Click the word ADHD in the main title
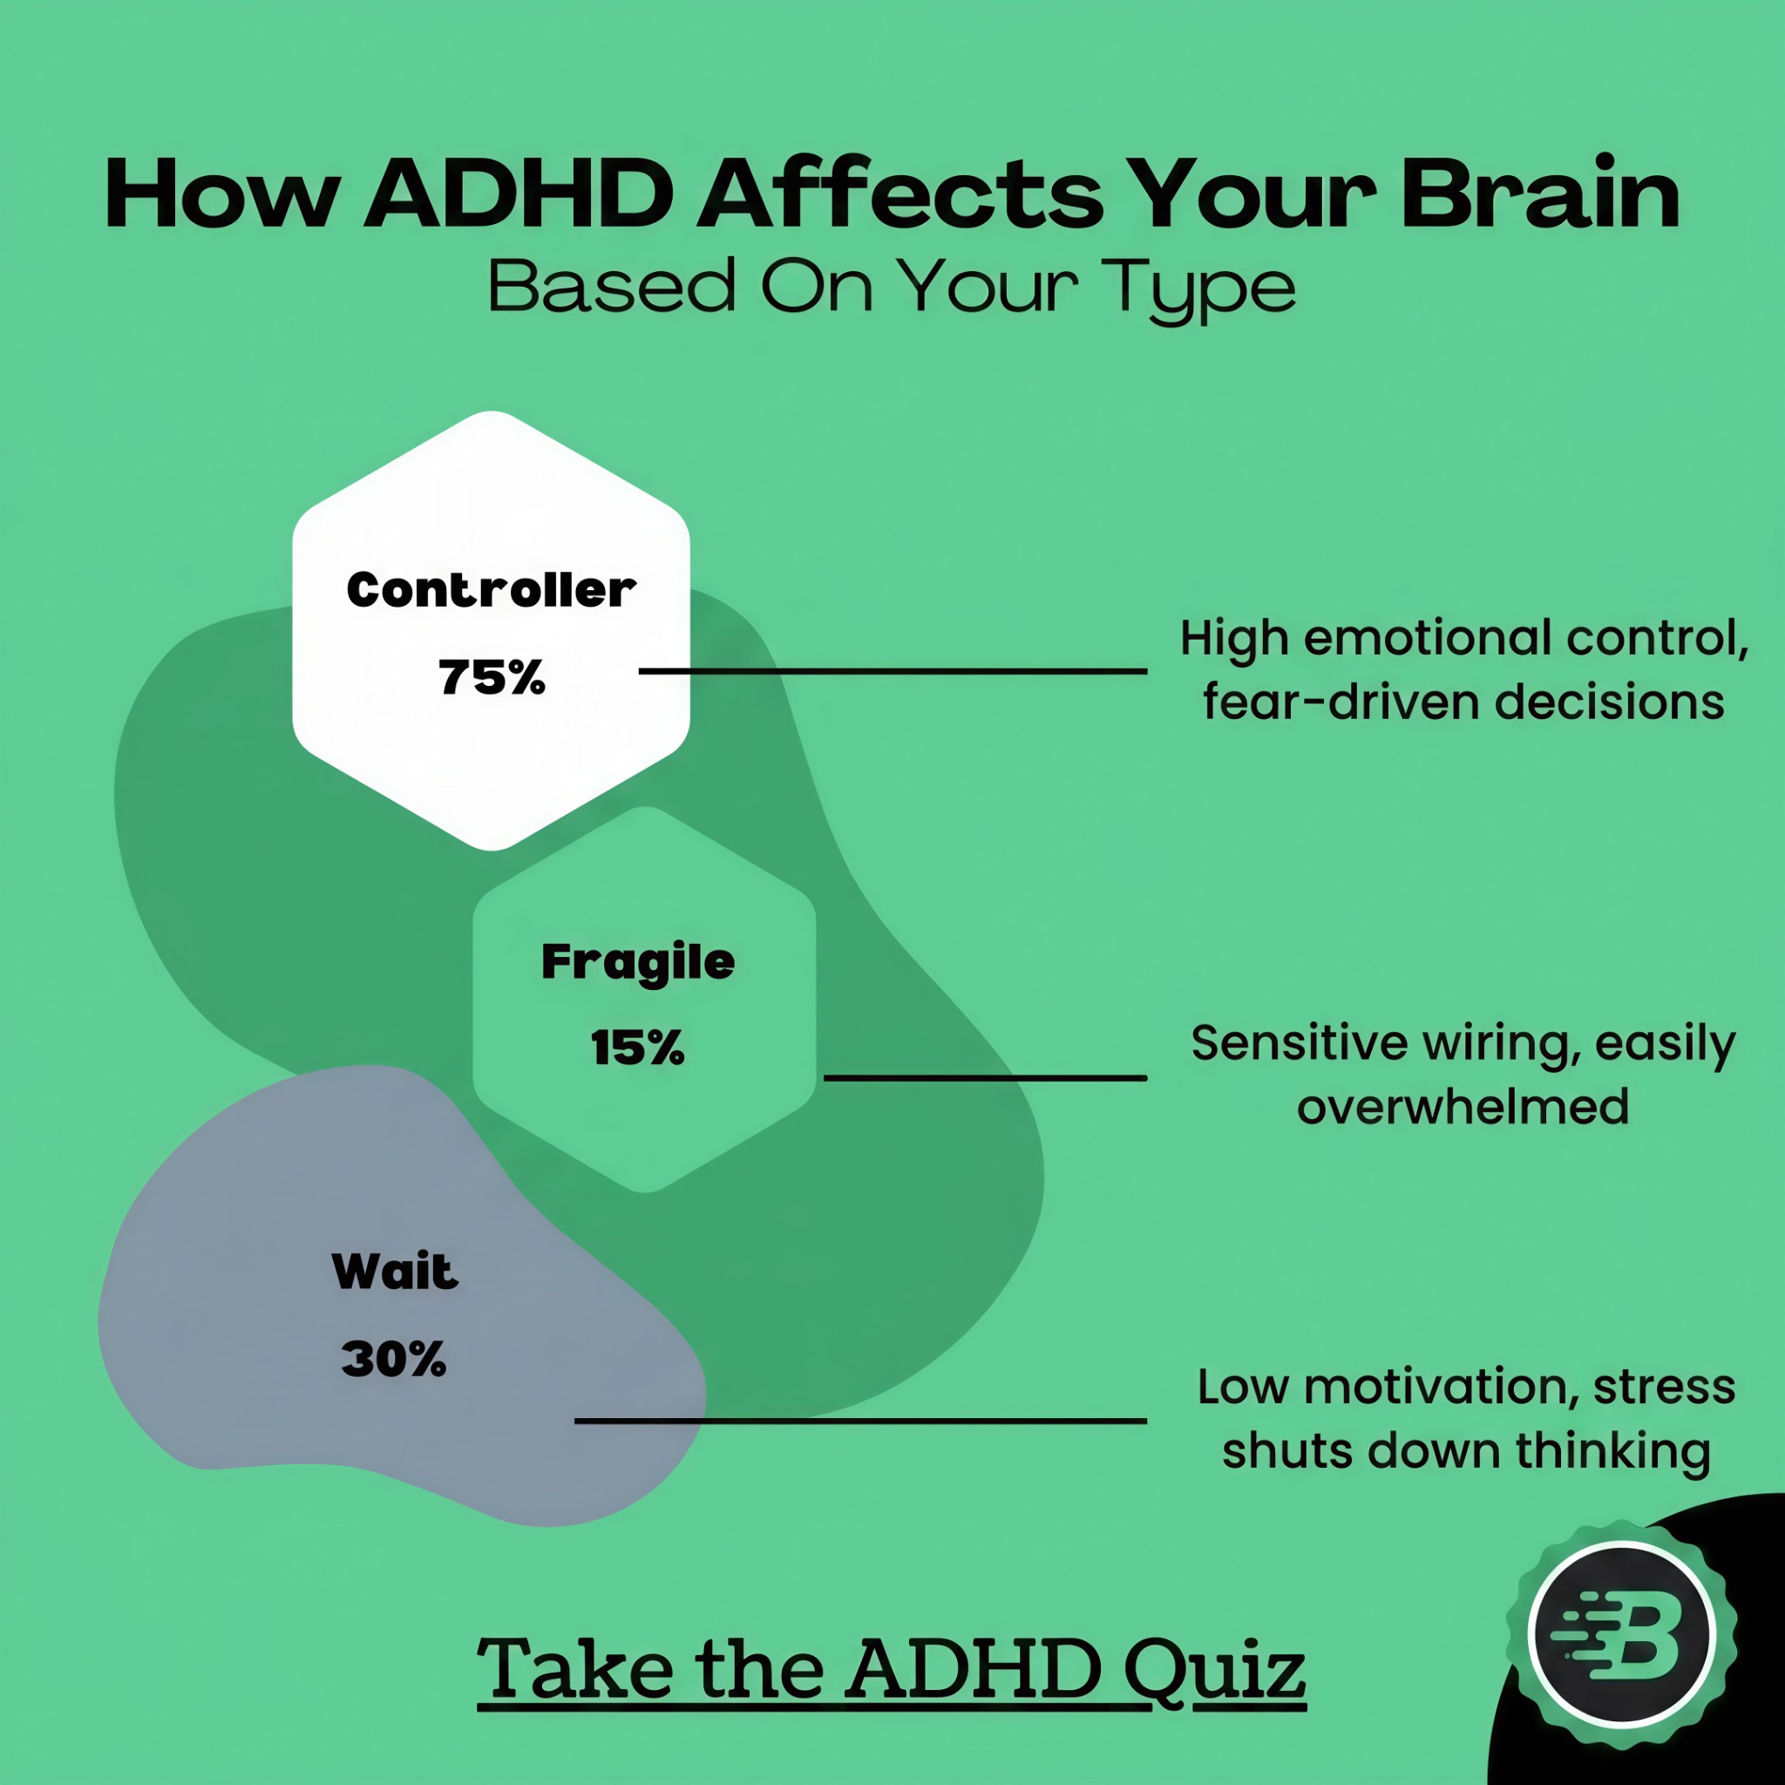pos(519,195)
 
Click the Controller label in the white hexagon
pos(492,589)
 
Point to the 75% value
pos(492,676)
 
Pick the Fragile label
pos(638,963)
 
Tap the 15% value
pos(638,1048)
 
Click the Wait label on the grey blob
pos(396,1272)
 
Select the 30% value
pos(395,1359)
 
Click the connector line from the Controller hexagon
pos(893,671)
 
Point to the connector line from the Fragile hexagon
pos(985,1077)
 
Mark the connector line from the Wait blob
pos(861,1421)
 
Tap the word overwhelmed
pos(1463,1106)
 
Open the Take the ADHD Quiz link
pos(892,1668)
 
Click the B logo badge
pos(1622,1635)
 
